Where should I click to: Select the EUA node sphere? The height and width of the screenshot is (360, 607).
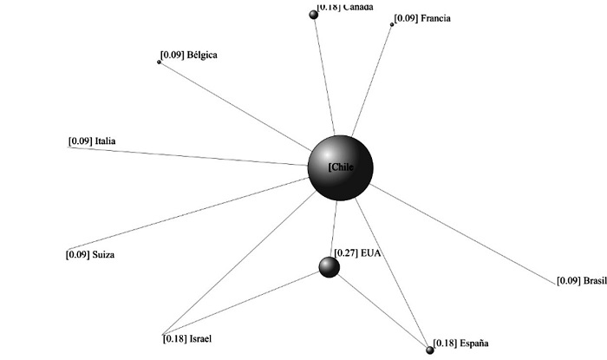point(329,267)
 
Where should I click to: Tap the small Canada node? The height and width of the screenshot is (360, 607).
point(314,14)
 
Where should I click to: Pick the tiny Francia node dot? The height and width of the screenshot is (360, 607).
point(392,24)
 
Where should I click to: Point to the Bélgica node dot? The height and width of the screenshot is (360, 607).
point(159,62)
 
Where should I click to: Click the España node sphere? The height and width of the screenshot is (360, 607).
point(430,350)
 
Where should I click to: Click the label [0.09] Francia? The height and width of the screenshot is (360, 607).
point(422,18)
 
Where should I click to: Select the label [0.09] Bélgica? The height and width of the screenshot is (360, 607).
point(188,56)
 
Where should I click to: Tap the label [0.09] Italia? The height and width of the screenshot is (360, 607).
point(92,141)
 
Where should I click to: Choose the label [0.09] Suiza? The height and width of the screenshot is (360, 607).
point(90,255)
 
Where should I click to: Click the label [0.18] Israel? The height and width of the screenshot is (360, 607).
point(186,337)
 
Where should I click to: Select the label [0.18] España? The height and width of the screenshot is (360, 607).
point(455,344)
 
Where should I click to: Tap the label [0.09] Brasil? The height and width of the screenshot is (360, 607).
point(579,280)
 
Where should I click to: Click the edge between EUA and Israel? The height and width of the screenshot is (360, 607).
point(243,303)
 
